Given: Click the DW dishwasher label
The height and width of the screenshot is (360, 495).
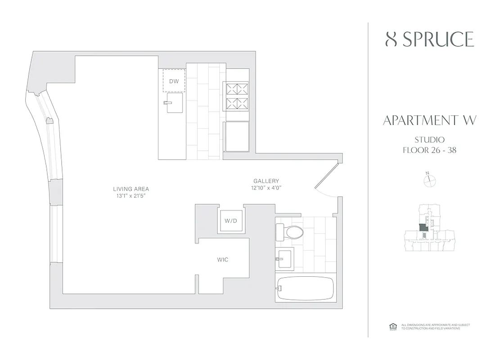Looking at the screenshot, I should click(x=174, y=81).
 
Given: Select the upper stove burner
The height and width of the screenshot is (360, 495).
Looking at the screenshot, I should click(x=237, y=88).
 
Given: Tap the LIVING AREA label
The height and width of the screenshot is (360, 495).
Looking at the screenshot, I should click(x=131, y=189).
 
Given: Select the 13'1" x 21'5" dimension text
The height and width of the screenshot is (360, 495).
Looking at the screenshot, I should click(x=131, y=196).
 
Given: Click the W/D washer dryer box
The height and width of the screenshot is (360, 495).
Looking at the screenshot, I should click(x=231, y=220).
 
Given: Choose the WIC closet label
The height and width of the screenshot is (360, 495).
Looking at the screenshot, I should click(x=223, y=260).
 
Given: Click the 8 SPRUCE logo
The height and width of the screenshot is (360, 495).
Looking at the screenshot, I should click(x=429, y=40).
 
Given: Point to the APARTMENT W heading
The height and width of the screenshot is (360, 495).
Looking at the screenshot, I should click(x=429, y=121).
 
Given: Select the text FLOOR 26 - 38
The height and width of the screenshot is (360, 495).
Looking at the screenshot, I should click(x=429, y=150).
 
